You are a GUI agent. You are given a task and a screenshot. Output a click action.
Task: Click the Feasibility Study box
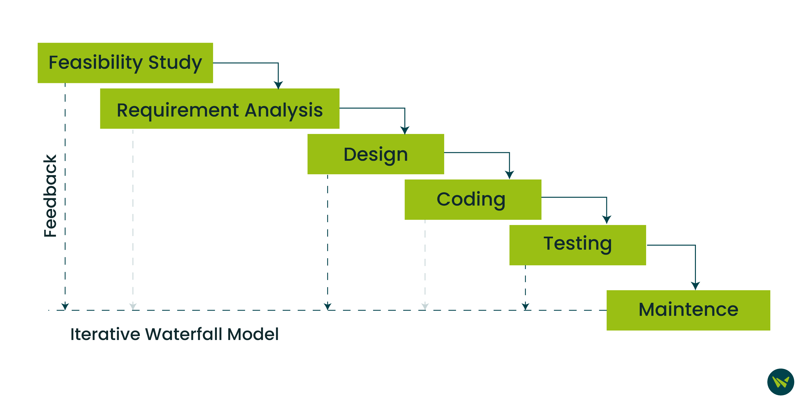pos(125,63)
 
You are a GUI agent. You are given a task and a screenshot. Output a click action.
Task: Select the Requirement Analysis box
pos(219,109)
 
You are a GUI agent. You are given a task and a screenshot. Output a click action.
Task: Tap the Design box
pos(375,154)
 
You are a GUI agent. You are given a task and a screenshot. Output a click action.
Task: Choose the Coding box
pos(473,200)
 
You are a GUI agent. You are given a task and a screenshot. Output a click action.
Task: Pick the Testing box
pos(577,245)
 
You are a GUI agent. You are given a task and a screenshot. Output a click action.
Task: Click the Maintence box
pos(688,310)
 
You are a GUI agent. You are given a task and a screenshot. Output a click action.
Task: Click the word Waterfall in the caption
pos(184,334)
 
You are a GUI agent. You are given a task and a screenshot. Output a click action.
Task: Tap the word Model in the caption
pos(253,334)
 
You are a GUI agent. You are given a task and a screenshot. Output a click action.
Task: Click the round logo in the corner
pos(781,382)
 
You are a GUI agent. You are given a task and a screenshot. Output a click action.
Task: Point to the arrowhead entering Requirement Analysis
pos(278,85)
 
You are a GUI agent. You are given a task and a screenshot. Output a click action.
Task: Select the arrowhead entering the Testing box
pos(607,220)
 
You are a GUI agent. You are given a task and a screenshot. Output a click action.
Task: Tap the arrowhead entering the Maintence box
pos(695,286)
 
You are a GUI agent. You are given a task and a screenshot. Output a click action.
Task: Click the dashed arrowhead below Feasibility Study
pos(65,306)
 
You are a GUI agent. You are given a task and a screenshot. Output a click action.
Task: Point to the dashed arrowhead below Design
pos(328,306)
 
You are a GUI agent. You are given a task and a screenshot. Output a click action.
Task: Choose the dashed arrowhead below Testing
pos(525,306)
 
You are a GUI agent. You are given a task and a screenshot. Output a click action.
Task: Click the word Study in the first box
pos(175,63)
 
